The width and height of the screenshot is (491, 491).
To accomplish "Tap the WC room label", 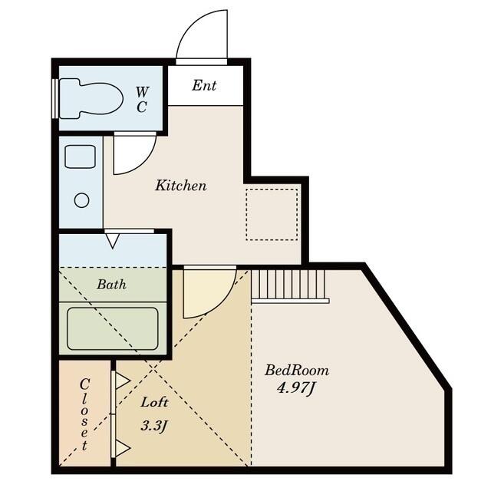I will pos(142,100).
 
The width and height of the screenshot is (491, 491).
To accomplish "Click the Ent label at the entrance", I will pos(204,85).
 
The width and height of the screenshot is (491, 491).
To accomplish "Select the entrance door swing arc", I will pos(203,36).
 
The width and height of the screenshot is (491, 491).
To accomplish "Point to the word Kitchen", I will pos(181,185).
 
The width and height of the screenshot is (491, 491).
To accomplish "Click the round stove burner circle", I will pos(81,200).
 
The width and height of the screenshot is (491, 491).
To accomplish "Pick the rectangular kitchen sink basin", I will pos(80,157).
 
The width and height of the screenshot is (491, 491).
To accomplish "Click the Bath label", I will pos(112,284).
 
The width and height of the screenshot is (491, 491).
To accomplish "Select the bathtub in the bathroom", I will pos(113,328).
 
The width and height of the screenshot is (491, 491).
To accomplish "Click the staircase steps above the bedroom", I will pos(290,285).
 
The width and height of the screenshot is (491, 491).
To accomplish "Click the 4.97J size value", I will pos(296,388).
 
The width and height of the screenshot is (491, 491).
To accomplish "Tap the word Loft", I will pos(154,401).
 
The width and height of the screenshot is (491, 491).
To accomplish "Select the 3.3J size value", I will pos(154,424).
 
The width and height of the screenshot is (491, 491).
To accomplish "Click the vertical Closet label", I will pos(84,414).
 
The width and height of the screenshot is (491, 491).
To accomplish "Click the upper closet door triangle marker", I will pos(121,381).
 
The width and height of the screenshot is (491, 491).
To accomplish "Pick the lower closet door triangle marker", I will pos(121,447).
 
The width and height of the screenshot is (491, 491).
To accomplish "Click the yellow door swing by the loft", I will pos(206,289).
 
